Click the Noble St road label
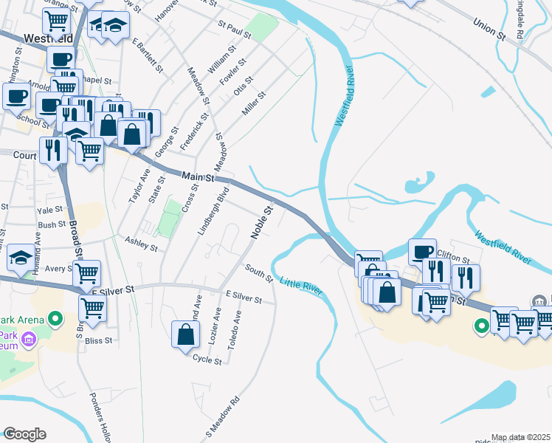tap(262, 221)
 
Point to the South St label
tap(259, 273)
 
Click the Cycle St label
tap(207, 360)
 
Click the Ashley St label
tap(141, 244)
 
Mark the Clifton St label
tap(452, 257)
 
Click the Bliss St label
tap(98, 340)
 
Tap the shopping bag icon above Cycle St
tap(185, 334)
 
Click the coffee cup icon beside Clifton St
tap(423, 253)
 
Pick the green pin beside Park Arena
tap(54, 319)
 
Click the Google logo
tap(24, 434)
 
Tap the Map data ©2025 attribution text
tap(520, 438)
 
